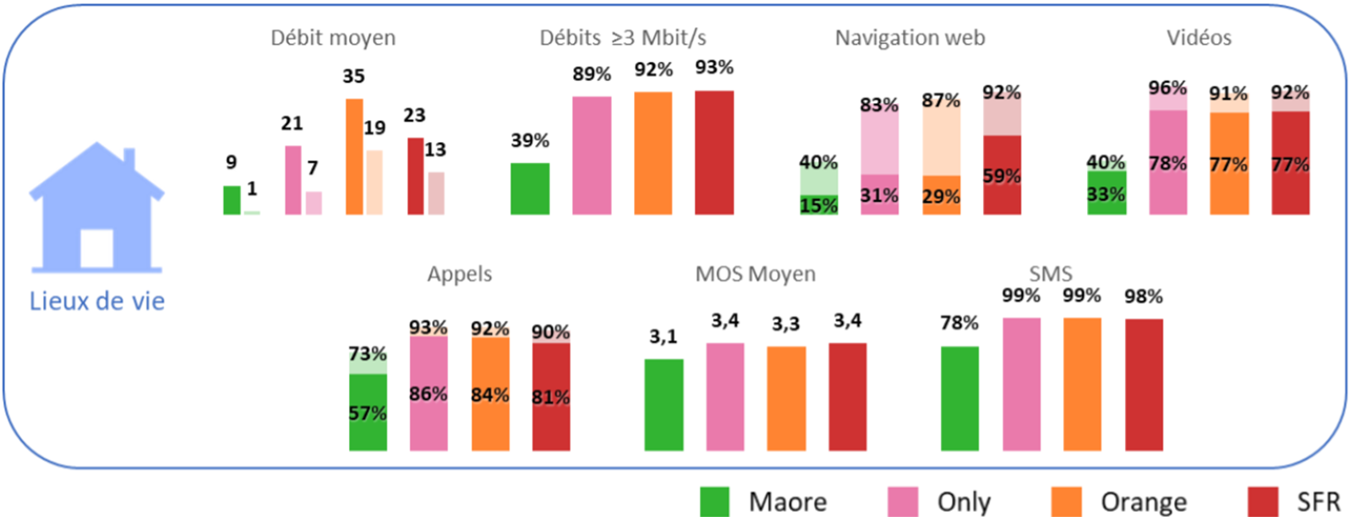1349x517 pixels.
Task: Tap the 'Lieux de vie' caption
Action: [97, 301]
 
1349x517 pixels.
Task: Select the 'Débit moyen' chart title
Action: [333, 38]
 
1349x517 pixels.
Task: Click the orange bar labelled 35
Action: [354, 156]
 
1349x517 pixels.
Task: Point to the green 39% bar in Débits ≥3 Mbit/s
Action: [530, 188]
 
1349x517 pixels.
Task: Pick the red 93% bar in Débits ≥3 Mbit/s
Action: [714, 152]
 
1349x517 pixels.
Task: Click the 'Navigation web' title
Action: [909, 38]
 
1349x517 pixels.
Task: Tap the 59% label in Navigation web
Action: [1002, 177]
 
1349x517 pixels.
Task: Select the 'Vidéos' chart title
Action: [1199, 38]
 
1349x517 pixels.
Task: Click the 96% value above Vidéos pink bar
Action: [1167, 88]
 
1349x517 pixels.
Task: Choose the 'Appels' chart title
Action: [460, 275]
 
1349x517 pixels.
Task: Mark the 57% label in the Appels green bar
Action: [368, 413]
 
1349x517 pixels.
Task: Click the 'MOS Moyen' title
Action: [755, 275]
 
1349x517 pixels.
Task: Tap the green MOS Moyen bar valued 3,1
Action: [664, 405]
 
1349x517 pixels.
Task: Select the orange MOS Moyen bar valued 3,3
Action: [786, 398]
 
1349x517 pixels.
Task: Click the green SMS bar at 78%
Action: [959, 398]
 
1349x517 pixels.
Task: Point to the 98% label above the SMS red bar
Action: [1144, 297]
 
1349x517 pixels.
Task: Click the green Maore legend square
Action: [719, 501]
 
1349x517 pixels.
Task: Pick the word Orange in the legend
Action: [1143, 502]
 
